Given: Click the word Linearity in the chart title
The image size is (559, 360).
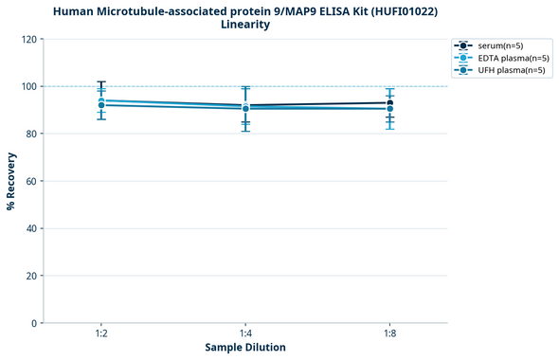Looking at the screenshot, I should click(x=245, y=25).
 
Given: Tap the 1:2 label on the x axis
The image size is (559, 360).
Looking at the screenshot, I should click(x=101, y=334).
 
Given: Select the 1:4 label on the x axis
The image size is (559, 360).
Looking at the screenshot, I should click(x=245, y=334).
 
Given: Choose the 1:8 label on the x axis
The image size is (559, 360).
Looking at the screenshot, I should click(x=389, y=334).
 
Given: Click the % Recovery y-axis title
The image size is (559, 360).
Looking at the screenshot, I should click(x=11, y=181).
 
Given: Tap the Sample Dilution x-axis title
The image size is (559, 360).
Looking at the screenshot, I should click(x=245, y=348).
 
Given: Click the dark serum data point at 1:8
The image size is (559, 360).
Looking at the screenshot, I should click(x=389, y=102).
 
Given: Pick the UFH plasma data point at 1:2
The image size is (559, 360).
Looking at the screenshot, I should click(x=101, y=105).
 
